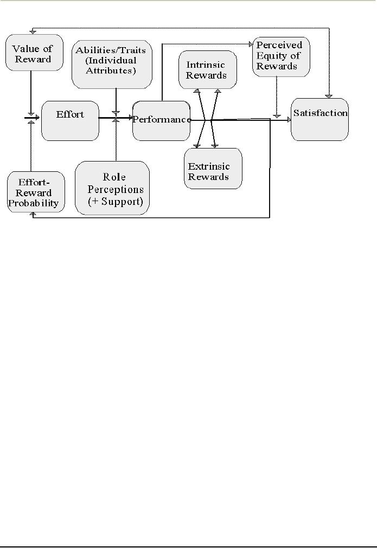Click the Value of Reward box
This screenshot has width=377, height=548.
(x=34, y=53)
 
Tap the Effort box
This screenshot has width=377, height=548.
(x=70, y=120)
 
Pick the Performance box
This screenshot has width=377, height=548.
(x=161, y=120)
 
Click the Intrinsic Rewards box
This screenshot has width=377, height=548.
(x=207, y=70)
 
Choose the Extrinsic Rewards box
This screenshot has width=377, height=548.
(x=213, y=169)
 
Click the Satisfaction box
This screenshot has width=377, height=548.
(x=320, y=119)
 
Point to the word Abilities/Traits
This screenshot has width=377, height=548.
(x=111, y=50)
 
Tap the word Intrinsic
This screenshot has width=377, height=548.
(x=202, y=65)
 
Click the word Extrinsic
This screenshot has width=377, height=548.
(x=209, y=166)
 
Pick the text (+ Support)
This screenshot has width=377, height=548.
(x=116, y=202)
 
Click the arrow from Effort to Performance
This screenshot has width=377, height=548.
(x=116, y=117)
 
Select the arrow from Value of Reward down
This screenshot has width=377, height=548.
(x=31, y=92)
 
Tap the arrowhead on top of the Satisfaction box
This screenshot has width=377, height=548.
(x=327, y=96)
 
